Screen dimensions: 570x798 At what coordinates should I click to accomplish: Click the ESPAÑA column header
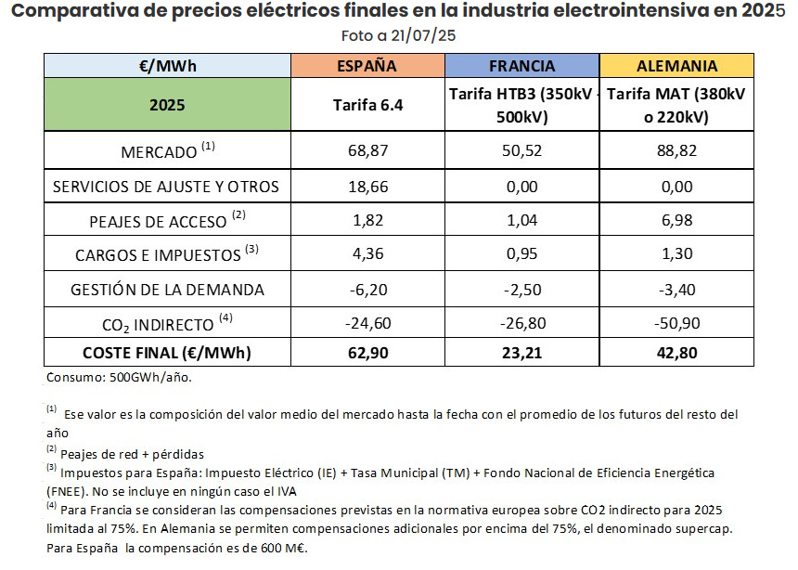click(x=367, y=66)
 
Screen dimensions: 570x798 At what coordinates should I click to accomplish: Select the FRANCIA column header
click(x=521, y=66)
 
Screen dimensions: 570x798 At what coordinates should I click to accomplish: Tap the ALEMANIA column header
click(x=676, y=66)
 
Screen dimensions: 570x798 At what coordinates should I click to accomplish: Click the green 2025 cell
click(x=167, y=104)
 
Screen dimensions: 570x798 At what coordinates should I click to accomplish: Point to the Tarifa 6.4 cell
click(x=367, y=104)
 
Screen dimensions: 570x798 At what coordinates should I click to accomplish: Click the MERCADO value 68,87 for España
click(x=367, y=150)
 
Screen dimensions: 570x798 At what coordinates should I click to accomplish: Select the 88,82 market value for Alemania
click(x=676, y=150)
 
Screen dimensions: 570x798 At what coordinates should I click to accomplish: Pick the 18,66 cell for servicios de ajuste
click(x=367, y=186)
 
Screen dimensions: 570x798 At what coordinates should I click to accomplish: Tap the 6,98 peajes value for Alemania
click(x=676, y=220)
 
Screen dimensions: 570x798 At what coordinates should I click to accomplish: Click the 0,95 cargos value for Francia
click(x=521, y=254)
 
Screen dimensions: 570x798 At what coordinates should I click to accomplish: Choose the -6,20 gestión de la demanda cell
click(x=367, y=289)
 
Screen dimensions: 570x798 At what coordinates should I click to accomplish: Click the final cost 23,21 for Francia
click(x=521, y=353)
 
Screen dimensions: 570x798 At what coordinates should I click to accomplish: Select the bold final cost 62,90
click(x=367, y=353)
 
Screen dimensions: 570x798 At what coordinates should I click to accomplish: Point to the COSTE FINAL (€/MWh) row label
click(x=167, y=353)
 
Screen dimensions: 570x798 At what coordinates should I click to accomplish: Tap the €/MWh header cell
click(x=167, y=66)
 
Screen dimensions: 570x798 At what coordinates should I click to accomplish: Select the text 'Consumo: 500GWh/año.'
click(x=119, y=378)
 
